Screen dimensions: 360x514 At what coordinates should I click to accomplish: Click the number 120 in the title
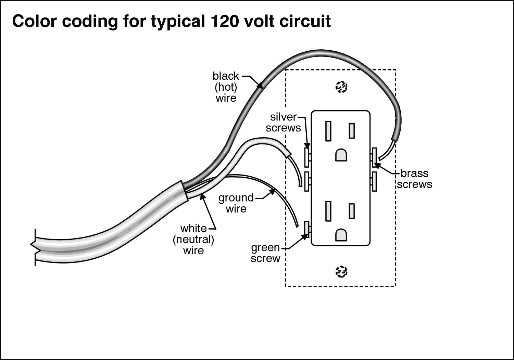tap(219, 21)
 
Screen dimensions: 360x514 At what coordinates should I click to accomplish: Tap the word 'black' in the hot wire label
tap(226, 76)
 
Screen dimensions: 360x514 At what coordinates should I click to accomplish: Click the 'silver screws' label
tap(283, 122)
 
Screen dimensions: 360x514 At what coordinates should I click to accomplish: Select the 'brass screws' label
tap(414, 179)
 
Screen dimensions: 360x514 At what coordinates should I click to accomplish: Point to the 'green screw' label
tap(265, 253)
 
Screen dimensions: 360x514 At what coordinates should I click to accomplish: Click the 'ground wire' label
tap(236, 203)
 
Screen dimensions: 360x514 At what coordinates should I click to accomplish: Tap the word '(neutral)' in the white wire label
tap(193, 239)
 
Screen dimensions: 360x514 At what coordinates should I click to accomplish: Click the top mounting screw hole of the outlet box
tap(341, 88)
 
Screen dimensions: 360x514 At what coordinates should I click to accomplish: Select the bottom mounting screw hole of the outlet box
tap(341, 272)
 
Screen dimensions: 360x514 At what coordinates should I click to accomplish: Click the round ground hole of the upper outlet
tap(341, 155)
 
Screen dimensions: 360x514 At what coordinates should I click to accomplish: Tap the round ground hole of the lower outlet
tap(341, 234)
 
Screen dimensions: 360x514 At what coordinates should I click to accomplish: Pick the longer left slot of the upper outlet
tap(329, 131)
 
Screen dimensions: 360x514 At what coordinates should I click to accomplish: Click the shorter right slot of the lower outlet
tap(352, 211)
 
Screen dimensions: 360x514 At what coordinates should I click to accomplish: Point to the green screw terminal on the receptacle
tap(307, 229)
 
